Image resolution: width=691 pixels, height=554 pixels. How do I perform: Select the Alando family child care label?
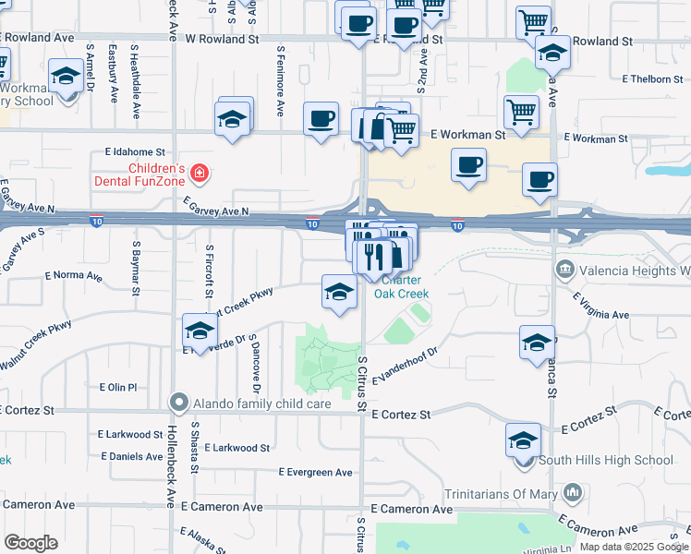pos(254,403)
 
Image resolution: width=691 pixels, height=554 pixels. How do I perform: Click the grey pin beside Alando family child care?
pos(178,403)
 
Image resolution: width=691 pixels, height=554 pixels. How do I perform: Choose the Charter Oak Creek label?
pos(402,287)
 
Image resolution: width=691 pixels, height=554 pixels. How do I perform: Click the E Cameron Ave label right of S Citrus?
pos(411,509)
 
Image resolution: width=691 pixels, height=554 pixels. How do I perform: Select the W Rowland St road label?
pos(223,40)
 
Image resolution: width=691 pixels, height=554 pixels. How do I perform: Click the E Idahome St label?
pos(134,151)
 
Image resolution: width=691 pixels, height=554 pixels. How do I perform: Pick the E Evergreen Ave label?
pos(316,472)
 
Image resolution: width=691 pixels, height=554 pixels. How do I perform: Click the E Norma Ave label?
pos(73,275)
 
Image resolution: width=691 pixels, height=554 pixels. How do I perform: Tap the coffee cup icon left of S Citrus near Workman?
pos(321,119)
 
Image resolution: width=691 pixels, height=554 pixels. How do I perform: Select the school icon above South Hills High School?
pos(523,440)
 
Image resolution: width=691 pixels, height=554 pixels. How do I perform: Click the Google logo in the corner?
pos(30,543)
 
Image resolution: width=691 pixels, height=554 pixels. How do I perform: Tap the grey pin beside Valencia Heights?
pos(563,271)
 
